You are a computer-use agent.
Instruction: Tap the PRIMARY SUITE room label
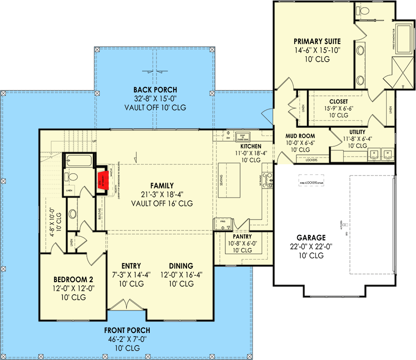(318, 41)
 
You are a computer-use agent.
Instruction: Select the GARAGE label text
(311, 238)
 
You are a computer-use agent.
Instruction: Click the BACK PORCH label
(155, 90)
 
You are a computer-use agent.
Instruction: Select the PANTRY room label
(242, 236)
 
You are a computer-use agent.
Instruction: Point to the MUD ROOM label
(300, 135)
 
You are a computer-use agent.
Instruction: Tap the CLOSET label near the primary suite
(338, 101)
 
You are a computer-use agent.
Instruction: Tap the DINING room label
(181, 266)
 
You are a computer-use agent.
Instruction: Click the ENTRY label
(131, 266)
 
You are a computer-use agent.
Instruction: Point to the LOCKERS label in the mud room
(311, 160)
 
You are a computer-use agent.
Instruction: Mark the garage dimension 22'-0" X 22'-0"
(311, 247)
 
